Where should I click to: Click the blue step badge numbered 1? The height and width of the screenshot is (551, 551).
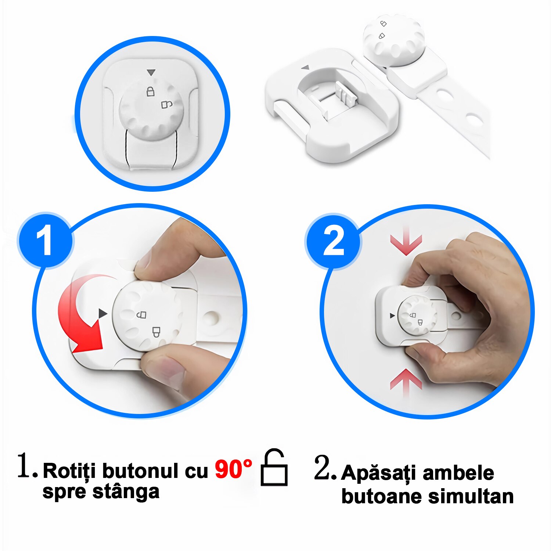pyautogui.click(x=45, y=241)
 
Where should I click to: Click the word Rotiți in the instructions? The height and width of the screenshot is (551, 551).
pyautogui.click(x=69, y=471)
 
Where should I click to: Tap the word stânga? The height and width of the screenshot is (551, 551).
pyautogui.click(x=126, y=491)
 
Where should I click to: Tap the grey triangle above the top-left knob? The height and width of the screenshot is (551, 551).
pyautogui.click(x=151, y=72)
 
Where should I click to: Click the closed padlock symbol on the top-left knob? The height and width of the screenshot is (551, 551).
pyautogui.click(x=150, y=91)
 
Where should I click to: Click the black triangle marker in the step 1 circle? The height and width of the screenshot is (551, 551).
pyautogui.click(x=102, y=313)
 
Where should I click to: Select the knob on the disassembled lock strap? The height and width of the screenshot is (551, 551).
pyautogui.click(x=393, y=40)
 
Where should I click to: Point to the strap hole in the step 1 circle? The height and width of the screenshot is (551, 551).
pyautogui.click(x=212, y=318)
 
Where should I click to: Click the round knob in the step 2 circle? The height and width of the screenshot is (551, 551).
pyautogui.click(x=417, y=316)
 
